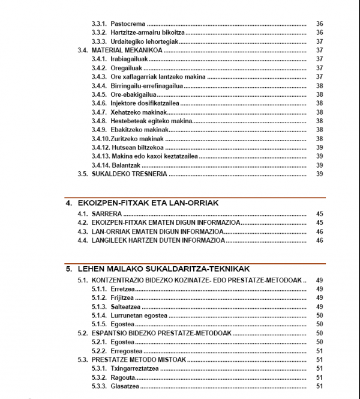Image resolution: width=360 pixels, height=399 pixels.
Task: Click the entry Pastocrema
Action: coord(128,23)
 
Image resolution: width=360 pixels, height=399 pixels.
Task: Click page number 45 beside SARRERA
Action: coord(319,214)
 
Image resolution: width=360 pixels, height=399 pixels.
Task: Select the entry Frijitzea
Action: coord(122,297)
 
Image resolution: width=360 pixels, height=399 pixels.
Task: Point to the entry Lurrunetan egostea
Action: coord(139,315)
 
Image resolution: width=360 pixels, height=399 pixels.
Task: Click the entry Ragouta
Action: coord(122,377)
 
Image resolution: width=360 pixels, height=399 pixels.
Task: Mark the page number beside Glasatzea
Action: coord(319,386)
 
